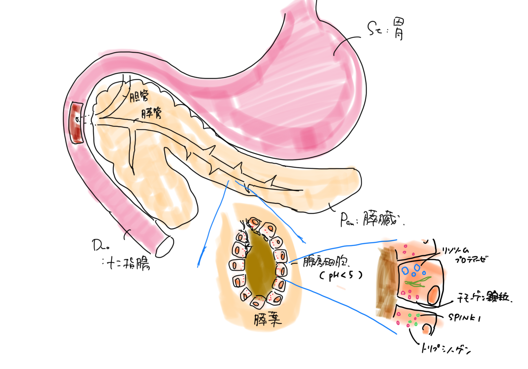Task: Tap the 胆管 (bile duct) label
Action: [139, 96]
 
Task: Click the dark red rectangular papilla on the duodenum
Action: [76, 123]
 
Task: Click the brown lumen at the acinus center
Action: [260, 265]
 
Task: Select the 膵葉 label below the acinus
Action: [267, 319]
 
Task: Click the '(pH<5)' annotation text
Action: [341, 275]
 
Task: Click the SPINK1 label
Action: [464, 317]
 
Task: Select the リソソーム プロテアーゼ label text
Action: [466, 255]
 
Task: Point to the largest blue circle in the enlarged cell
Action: [406, 271]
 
